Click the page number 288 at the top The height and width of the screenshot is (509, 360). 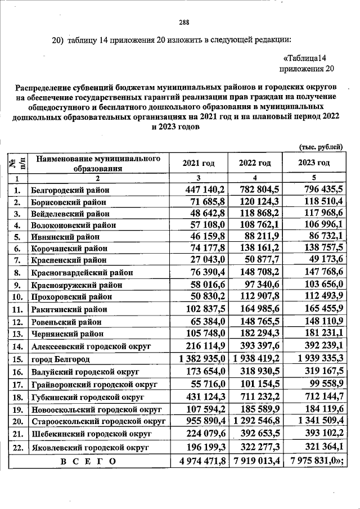(x=183, y=22)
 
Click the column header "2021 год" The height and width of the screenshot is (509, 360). (x=199, y=163)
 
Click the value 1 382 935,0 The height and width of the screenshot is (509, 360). (x=201, y=358)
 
